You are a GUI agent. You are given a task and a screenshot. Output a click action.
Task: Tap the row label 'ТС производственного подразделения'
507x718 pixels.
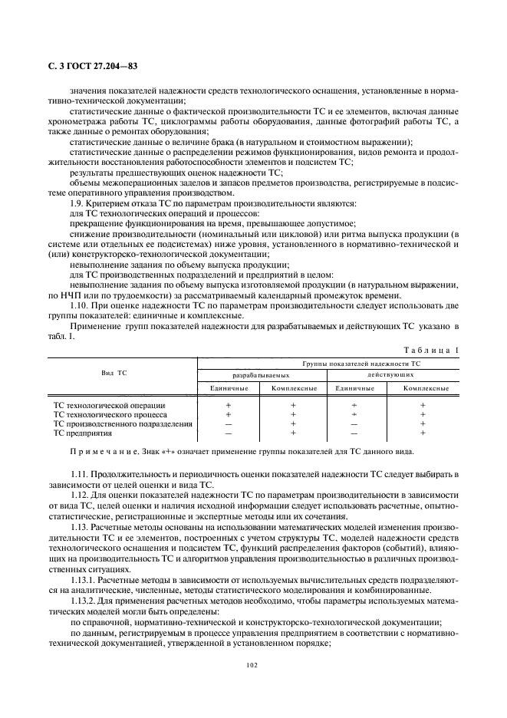coord(122,423)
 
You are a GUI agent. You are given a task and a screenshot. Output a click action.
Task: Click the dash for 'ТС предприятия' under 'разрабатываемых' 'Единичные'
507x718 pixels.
coord(228,433)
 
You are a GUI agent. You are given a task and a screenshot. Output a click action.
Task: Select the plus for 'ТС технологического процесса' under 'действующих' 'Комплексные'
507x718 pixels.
coord(423,414)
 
